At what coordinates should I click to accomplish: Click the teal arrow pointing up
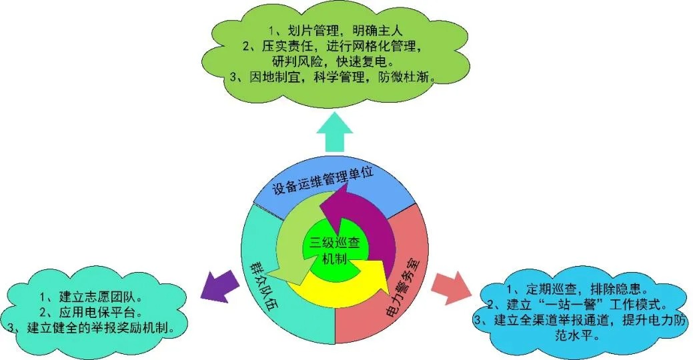coord(335,133)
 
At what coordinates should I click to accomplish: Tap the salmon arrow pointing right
coord(451,287)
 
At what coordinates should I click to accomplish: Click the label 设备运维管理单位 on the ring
coord(323,181)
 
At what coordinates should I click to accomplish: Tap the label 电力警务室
coord(403,287)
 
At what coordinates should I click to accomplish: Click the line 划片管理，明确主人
coord(336,31)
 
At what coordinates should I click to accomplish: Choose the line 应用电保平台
coord(91,312)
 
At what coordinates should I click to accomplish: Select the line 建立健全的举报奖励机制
coord(91,328)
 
